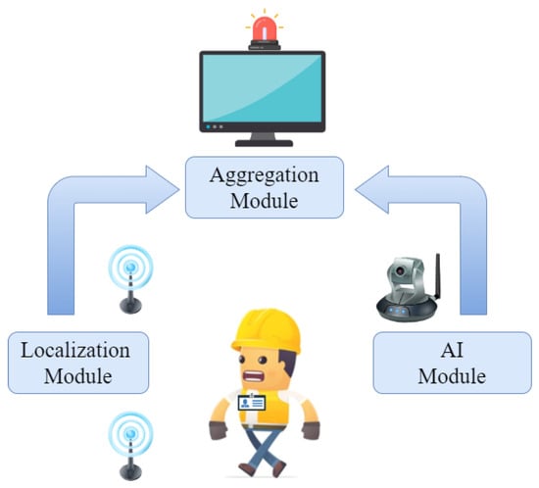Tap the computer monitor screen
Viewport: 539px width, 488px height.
(263, 90)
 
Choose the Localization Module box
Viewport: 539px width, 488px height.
(77, 362)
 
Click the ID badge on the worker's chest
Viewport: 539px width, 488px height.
(254, 404)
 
